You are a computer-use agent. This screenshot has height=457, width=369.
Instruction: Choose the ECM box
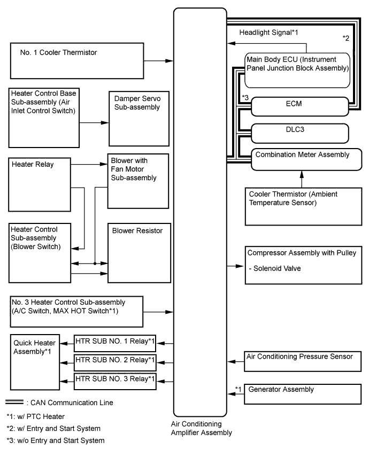(299, 106)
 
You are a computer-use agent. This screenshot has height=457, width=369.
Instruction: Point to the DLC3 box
(294, 131)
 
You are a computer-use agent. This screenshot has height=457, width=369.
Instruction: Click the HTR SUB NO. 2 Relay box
(115, 361)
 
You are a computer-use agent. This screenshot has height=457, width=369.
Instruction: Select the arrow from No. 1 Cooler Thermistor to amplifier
(159, 61)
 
